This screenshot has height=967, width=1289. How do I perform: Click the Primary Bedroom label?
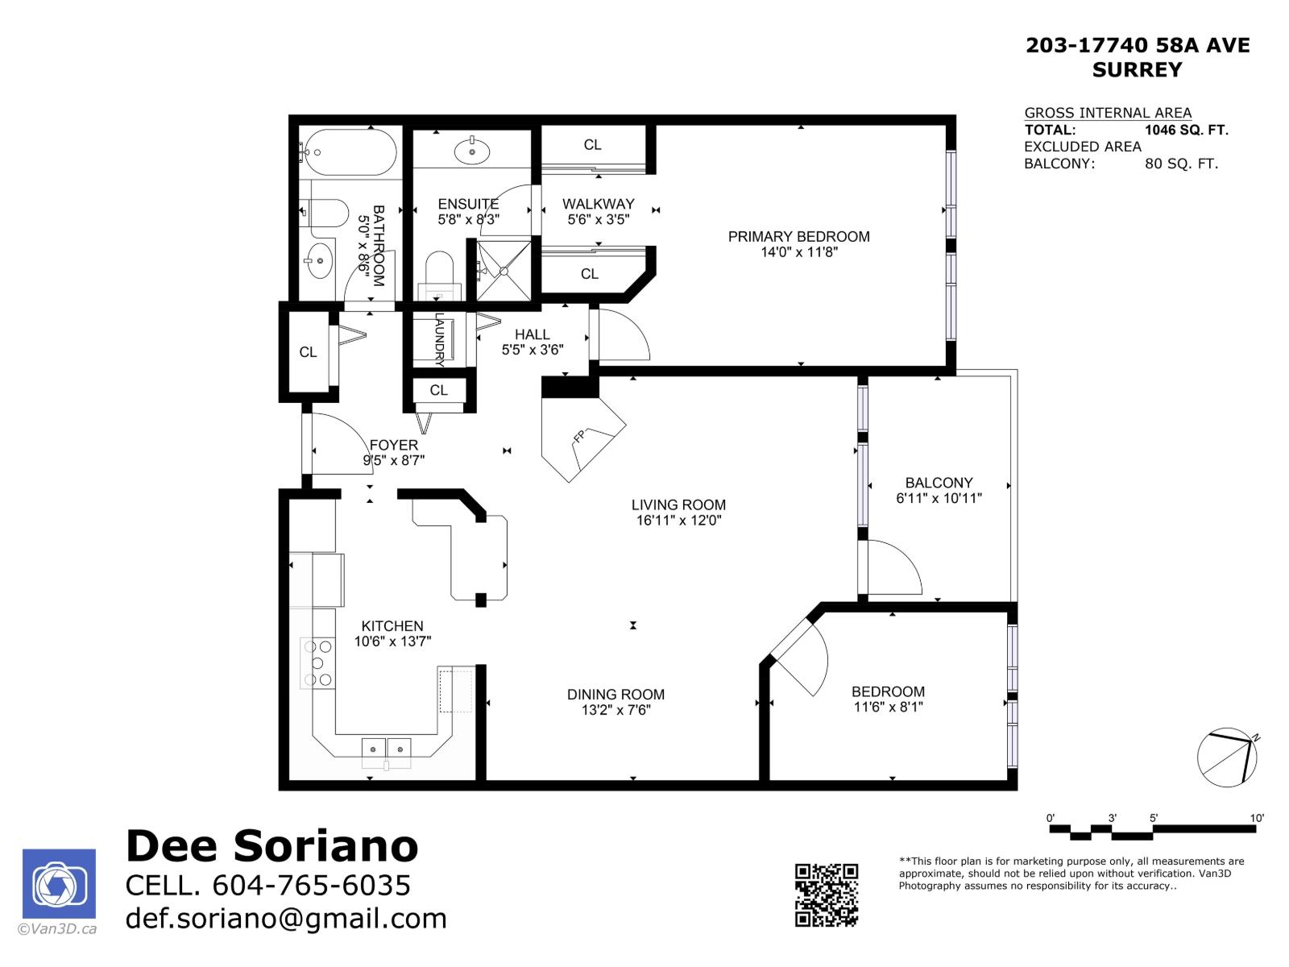[798, 236]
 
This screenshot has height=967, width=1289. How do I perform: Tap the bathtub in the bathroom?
[348, 151]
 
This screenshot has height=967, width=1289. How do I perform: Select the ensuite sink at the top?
[471, 150]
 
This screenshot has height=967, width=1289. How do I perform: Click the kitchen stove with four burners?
[317, 663]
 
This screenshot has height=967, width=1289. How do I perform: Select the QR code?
[827, 894]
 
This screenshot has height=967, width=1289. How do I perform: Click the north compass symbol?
[1227, 758]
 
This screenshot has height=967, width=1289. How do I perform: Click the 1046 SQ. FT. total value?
[1186, 130]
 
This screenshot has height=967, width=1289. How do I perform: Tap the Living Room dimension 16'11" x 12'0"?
[678, 521]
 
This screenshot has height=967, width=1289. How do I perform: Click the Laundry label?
[440, 340]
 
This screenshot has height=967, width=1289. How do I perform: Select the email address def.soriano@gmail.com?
[286, 919]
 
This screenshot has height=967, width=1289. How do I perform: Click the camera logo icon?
[59, 884]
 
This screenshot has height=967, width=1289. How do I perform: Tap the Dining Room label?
[615, 694]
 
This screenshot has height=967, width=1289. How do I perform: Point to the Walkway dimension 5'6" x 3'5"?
[598, 219]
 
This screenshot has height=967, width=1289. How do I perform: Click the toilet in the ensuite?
[440, 270]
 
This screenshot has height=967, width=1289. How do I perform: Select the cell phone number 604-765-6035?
[311, 885]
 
